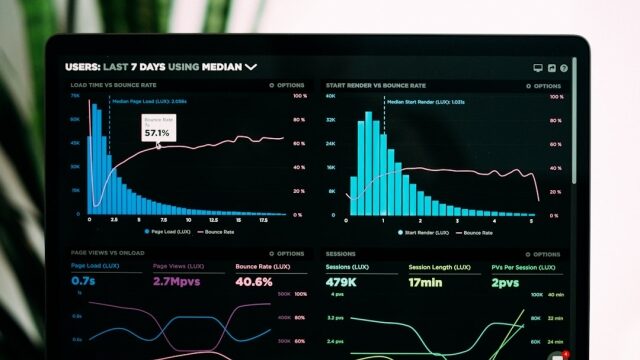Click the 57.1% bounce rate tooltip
[156, 129]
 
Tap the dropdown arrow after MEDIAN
[251, 67]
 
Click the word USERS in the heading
[82, 67]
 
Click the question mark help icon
[564, 68]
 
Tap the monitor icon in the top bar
[538, 68]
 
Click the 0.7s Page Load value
[83, 282]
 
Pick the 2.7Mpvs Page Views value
[175, 282]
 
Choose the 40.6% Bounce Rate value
[254, 282]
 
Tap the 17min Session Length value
[424, 282]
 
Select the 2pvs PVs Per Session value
[506, 282]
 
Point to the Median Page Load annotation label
[149, 101]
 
